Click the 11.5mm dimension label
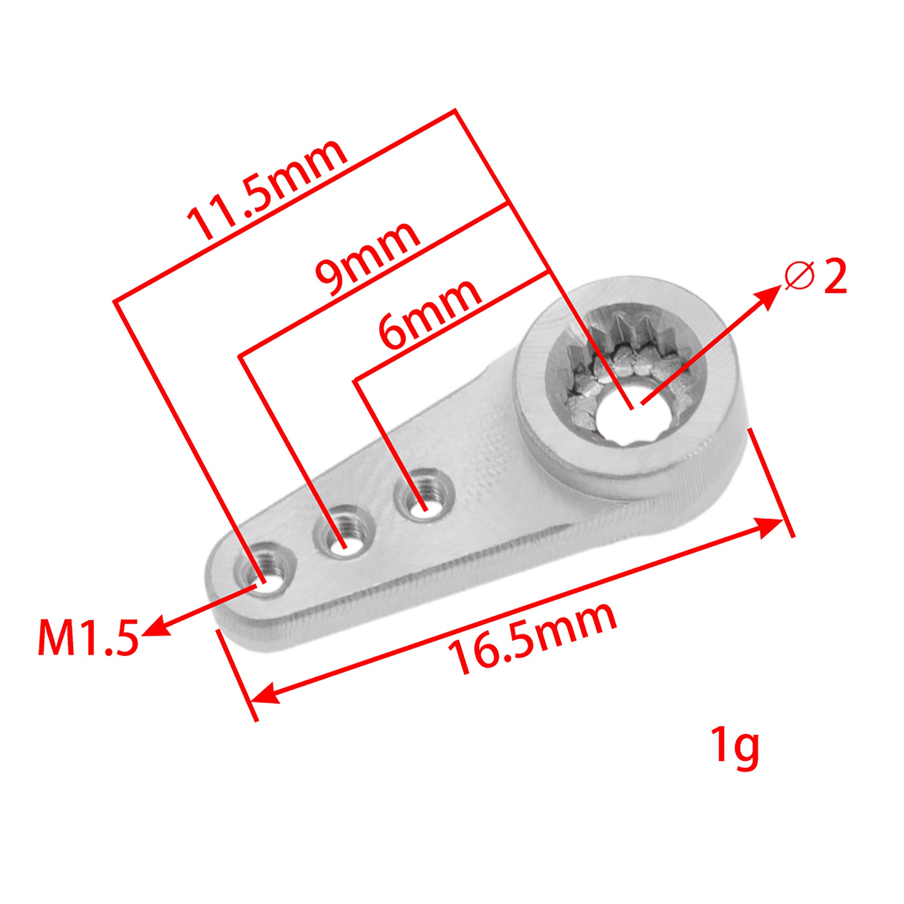click(267, 190)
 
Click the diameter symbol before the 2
click(800, 276)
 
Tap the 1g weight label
click(734, 747)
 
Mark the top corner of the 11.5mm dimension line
click(455, 111)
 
